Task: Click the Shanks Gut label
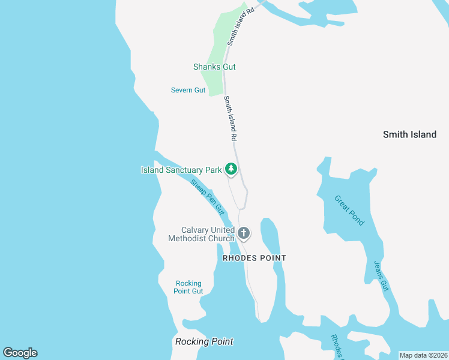coord(214,67)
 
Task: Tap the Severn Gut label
coord(188,90)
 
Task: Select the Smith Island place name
coord(409,134)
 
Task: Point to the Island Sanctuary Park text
coord(181,170)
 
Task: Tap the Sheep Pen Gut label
coord(207,197)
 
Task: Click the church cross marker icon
coord(244,232)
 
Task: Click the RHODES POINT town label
coord(254,258)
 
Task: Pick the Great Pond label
coord(349,211)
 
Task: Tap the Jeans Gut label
coord(382,276)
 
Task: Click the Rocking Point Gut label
coord(188,287)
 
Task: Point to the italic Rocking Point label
coord(204,341)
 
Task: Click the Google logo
coord(20,353)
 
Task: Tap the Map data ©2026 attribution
coord(423,355)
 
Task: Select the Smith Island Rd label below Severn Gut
coord(230,118)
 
